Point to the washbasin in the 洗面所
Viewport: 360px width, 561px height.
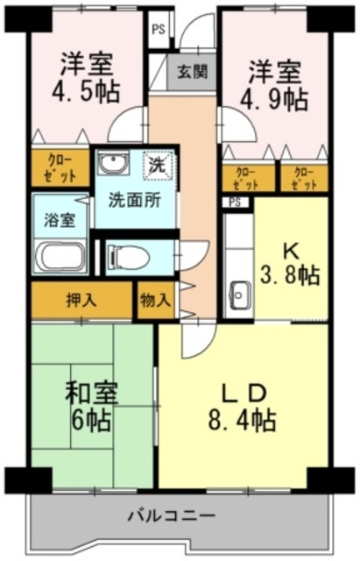(x=113, y=163)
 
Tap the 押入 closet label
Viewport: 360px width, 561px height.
(x=81, y=300)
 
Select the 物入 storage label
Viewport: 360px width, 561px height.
(x=155, y=300)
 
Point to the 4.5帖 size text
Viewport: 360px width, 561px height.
(x=86, y=92)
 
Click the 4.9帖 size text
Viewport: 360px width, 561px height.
(x=274, y=100)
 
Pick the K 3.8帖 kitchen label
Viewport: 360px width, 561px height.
(x=290, y=265)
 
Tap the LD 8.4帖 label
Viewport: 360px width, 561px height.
(x=243, y=407)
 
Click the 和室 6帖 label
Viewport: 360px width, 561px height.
(x=91, y=407)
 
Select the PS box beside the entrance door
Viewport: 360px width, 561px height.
(x=159, y=30)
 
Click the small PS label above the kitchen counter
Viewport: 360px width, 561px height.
(x=235, y=202)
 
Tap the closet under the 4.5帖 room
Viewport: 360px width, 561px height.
(x=60, y=167)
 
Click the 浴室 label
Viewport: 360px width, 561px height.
(x=60, y=220)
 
